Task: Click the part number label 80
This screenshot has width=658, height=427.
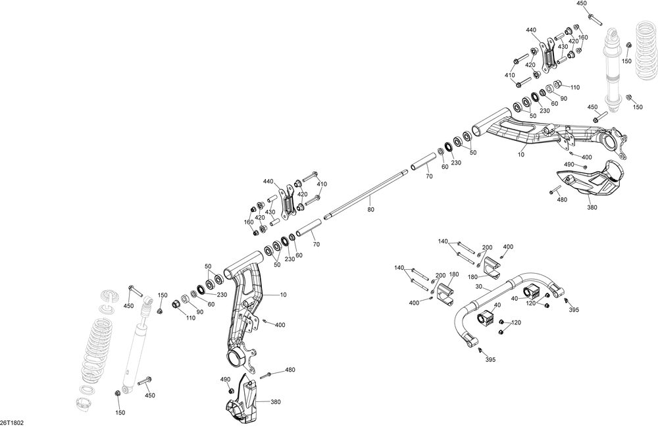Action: click(370, 210)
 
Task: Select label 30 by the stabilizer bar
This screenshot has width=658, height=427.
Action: click(478, 286)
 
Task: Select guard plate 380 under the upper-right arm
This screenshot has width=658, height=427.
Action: click(589, 184)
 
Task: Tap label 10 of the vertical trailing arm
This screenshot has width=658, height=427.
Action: click(284, 294)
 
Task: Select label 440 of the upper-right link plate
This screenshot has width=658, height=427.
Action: click(531, 30)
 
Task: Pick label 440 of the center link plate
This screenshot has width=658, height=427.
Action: click(268, 182)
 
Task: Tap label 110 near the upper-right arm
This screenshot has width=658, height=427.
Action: click(574, 88)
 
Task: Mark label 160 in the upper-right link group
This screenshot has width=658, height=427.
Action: click(582, 38)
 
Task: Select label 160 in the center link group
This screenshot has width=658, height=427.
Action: click(249, 222)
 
